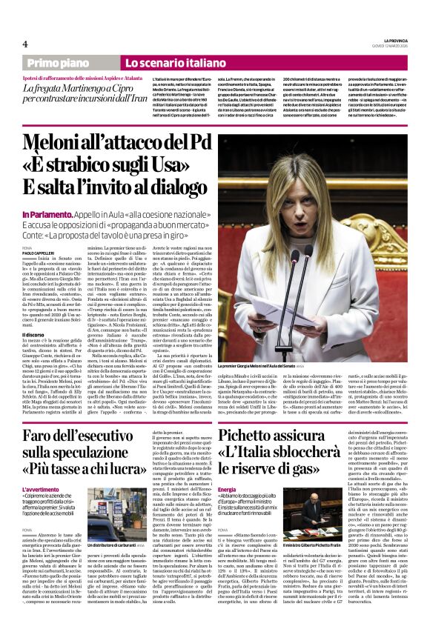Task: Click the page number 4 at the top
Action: point(25,43)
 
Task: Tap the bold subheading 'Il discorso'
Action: point(35,314)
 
